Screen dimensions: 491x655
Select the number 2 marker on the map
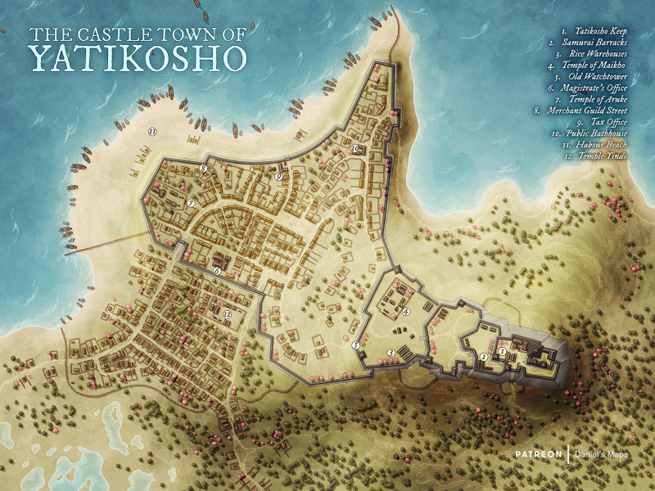pos(483,358)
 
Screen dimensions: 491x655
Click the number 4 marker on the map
pos(406,311)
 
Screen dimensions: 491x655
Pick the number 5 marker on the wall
pos(356,345)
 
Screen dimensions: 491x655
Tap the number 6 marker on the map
pos(217,271)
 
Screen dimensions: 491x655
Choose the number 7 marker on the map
pos(190,202)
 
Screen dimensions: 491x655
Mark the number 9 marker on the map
pos(278,176)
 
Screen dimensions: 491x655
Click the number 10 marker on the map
pos(356,149)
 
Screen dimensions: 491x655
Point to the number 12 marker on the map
pos(227,313)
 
